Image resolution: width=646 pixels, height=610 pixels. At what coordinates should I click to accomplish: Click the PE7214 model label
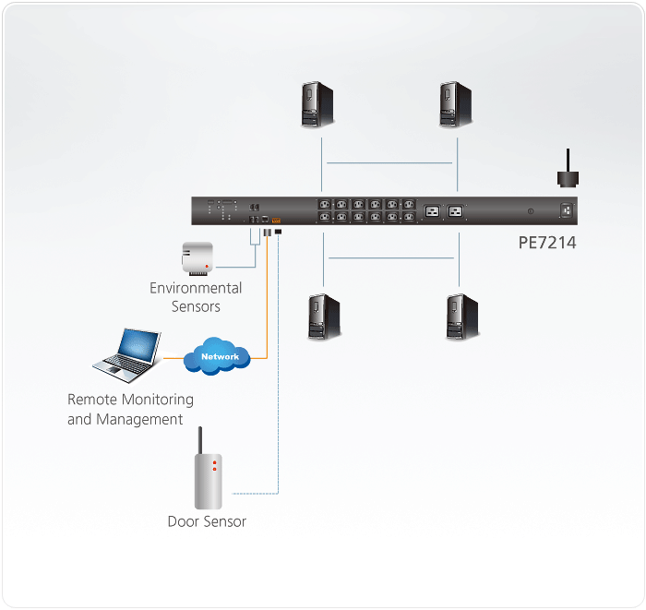click(546, 244)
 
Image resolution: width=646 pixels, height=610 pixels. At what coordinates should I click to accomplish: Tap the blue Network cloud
click(219, 356)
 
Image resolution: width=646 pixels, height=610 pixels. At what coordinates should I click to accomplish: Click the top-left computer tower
click(317, 104)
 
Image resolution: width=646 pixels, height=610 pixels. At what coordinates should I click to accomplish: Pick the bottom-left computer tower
click(324, 317)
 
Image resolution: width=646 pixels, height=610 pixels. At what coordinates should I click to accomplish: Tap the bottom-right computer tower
click(459, 317)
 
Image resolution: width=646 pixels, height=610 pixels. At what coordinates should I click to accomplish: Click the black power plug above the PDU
click(565, 175)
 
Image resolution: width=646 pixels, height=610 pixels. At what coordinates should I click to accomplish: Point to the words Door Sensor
click(207, 521)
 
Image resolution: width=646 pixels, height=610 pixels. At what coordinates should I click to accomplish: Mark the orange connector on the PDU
click(277, 219)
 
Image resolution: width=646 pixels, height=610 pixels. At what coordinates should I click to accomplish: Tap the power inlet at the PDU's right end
click(567, 211)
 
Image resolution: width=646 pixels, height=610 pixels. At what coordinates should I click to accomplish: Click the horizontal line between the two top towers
click(389, 163)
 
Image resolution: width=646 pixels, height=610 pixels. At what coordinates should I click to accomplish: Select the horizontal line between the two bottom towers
click(390, 257)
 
